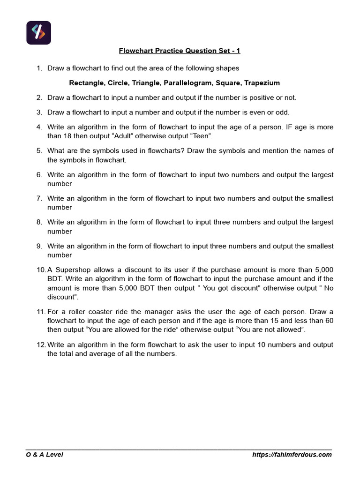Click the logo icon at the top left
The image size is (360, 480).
click(38, 32)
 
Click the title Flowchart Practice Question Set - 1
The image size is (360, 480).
click(180, 51)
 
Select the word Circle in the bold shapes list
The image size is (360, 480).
click(120, 83)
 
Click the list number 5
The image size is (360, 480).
click(39, 150)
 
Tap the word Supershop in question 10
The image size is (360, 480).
click(71, 270)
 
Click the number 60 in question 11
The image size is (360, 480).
click(328, 321)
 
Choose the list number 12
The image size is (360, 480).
click(40, 345)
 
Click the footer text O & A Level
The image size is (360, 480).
click(44, 454)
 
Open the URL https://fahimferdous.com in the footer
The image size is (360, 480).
click(292, 454)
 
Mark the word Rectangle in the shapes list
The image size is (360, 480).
click(87, 83)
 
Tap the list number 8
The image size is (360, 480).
click(39, 222)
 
